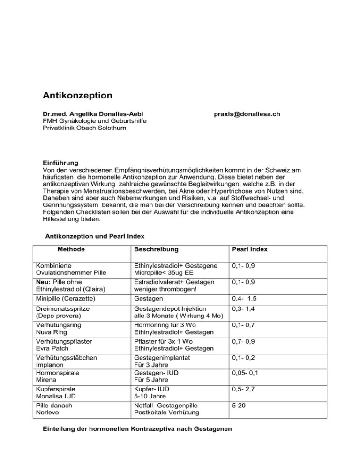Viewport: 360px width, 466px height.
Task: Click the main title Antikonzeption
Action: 77,96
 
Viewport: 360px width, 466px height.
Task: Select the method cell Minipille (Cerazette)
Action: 72,298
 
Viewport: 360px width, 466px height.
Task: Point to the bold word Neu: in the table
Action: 49,281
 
